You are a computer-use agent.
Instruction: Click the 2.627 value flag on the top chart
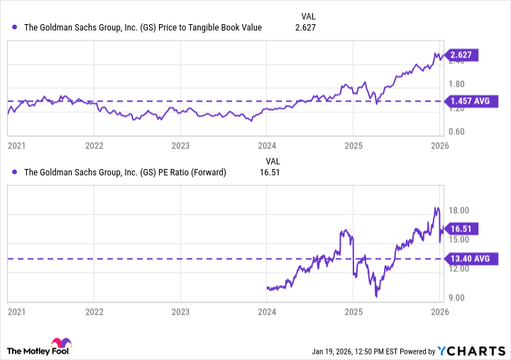pos(466,55)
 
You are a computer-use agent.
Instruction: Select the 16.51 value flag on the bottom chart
pos(466,229)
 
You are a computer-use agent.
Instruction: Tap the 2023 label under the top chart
pos(180,145)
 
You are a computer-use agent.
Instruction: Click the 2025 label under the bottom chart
pos(353,311)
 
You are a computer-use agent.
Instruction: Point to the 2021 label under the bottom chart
pos(16,311)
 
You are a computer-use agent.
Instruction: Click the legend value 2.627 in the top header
pos(304,28)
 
